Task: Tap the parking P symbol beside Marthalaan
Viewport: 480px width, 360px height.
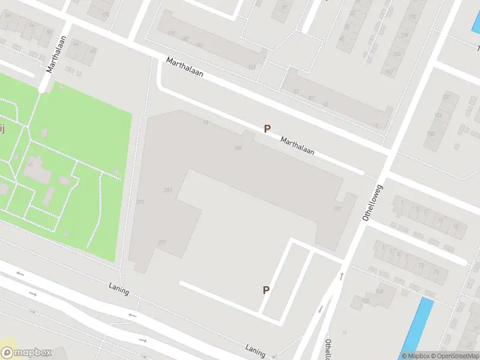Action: [x=267, y=128]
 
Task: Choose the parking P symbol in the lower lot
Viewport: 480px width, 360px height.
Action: [x=266, y=290]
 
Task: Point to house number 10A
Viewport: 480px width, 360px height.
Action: [x=238, y=148]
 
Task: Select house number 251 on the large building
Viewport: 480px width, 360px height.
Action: [x=168, y=190]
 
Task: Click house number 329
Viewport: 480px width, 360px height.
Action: [x=140, y=202]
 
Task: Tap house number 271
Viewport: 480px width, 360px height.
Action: [x=161, y=242]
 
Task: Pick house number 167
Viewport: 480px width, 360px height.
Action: [x=389, y=72]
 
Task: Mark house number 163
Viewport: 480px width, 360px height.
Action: [x=397, y=54]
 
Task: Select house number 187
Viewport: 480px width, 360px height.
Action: [x=185, y=40]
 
